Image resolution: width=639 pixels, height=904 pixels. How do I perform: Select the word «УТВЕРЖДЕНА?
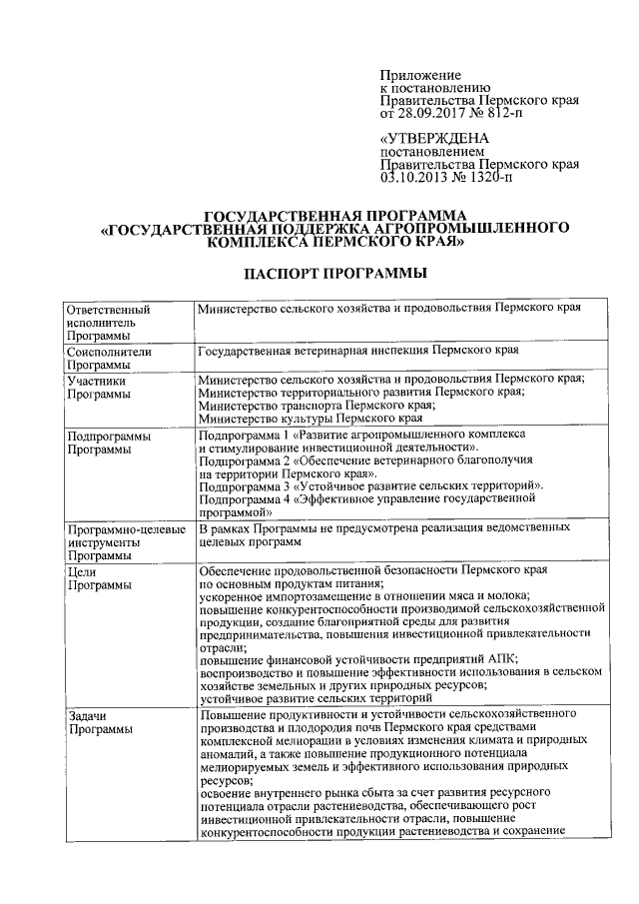pos(435,138)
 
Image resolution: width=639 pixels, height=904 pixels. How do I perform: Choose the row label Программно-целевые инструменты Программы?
pos(125,539)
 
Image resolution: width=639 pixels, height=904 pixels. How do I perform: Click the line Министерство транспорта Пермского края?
pos(316,407)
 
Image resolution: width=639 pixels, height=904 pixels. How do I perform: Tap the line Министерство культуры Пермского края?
pos(312,420)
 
